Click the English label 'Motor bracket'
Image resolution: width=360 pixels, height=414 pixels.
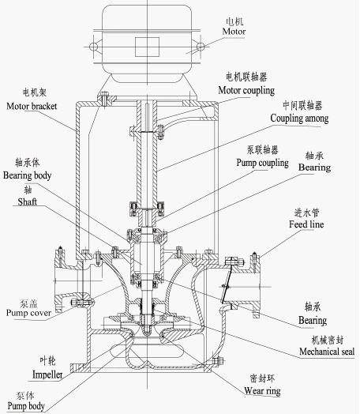pyautogui.click(x=32, y=106)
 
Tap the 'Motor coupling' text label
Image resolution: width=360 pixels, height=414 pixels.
pyautogui.click(x=246, y=90)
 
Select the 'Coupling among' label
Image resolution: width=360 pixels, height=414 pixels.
pyautogui.click(x=299, y=119)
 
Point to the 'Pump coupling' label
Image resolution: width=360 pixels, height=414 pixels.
pyautogui.click(x=262, y=163)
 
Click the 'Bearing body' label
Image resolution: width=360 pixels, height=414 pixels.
pyautogui.click(x=27, y=175)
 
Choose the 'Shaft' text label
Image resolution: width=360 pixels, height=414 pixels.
pyautogui.click(x=27, y=202)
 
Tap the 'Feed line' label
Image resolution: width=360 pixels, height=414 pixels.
pyautogui.click(x=306, y=224)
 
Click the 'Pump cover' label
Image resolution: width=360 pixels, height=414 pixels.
pyautogui.click(x=28, y=313)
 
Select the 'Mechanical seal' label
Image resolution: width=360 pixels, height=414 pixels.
pyautogui.click(x=327, y=352)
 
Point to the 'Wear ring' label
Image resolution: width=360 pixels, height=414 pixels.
pyautogui.click(x=262, y=391)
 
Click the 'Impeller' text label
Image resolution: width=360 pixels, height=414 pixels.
pyautogui.click(x=47, y=374)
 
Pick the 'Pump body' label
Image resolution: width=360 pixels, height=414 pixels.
pyautogui.click(x=26, y=406)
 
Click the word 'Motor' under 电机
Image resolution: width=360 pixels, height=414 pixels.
pyautogui.click(x=234, y=32)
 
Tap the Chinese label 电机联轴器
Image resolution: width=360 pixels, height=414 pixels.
pyautogui.click(x=246, y=77)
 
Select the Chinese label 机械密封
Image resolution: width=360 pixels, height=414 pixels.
pyautogui.click(x=328, y=340)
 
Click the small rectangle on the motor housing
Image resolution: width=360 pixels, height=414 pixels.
pyautogui.click(x=147, y=47)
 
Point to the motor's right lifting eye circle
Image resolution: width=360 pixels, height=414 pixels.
pyautogui.click(x=201, y=47)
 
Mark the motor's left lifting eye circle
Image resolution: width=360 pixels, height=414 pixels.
pyautogui.click(x=93, y=47)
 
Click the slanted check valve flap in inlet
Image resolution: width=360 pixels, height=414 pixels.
pyautogui.click(x=227, y=284)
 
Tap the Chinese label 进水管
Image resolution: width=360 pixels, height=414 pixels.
pyautogui.click(x=306, y=213)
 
